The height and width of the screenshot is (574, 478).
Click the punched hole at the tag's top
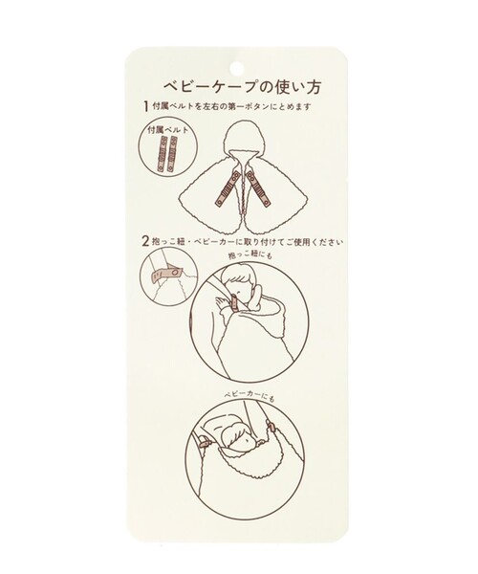click(x=237, y=68)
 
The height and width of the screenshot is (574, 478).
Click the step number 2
click(x=143, y=243)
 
